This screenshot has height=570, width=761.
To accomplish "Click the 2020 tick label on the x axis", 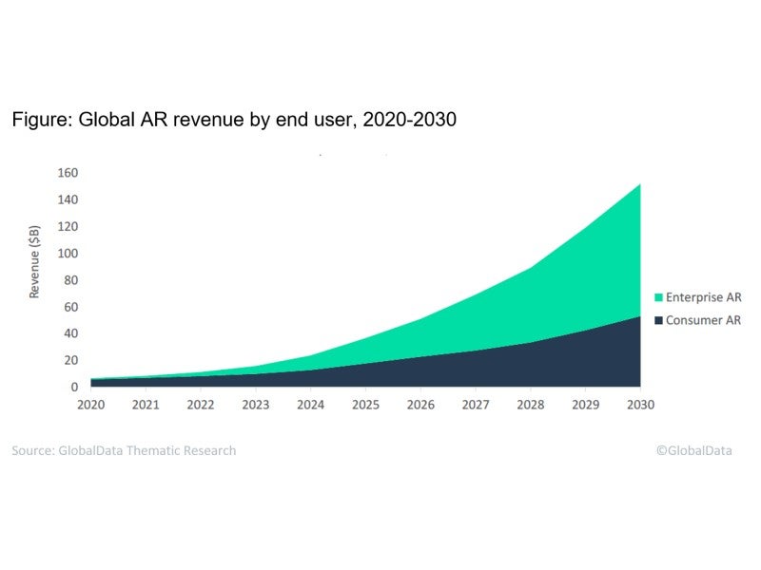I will [91, 404].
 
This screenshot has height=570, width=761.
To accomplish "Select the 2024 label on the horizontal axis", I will [311, 404].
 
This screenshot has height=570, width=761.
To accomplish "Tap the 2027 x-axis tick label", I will [476, 404].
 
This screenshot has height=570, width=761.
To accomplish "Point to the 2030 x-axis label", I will [640, 404].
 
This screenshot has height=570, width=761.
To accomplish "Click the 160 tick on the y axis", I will [68, 173].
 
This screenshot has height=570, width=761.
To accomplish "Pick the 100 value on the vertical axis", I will [68, 254].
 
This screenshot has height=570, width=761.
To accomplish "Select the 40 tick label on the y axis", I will [70, 333].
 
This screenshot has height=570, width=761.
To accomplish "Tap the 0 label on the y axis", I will [74, 388].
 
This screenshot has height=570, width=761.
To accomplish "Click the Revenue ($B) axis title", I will [35, 261].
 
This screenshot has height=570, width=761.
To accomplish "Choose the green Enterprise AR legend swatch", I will [657, 298].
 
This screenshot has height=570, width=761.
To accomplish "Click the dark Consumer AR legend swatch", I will [657, 320].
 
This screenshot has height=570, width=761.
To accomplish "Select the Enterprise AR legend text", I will [704, 298].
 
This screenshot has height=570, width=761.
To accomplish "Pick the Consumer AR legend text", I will [704, 320].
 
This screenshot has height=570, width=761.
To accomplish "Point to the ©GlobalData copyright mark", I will [693, 450].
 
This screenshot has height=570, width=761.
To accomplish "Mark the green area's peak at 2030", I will [639, 184].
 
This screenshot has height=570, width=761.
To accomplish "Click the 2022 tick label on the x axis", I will [202, 404].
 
